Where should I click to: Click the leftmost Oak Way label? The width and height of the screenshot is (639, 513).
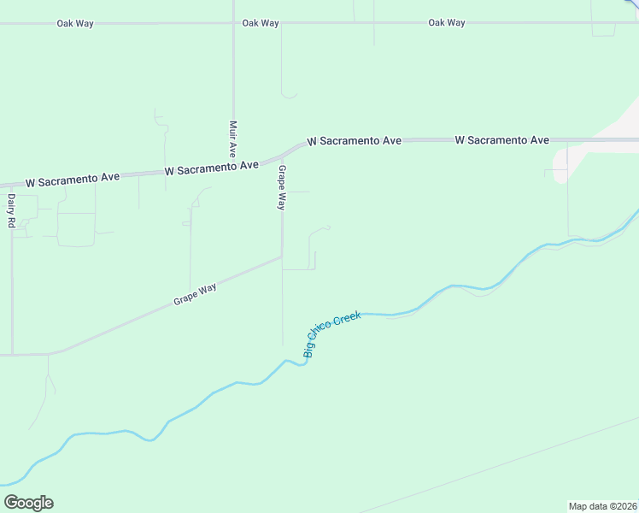click(75, 23)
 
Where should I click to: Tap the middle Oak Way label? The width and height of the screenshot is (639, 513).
click(261, 23)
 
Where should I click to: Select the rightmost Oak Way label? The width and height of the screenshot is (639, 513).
click(447, 23)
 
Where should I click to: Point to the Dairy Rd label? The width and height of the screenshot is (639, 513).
click(12, 210)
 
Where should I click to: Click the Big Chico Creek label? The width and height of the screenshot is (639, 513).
click(332, 333)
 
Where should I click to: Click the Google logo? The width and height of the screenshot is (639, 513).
click(28, 503)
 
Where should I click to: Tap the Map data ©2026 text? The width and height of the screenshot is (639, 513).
click(603, 505)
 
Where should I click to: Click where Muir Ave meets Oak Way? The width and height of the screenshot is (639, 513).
click(233, 23)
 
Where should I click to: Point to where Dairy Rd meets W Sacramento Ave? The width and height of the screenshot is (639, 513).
click(12, 185)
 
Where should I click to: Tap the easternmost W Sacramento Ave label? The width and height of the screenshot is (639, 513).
click(501, 139)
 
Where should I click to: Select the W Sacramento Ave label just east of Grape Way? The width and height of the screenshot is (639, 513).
click(354, 140)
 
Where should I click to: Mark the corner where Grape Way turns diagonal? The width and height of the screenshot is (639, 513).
click(282, 256)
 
